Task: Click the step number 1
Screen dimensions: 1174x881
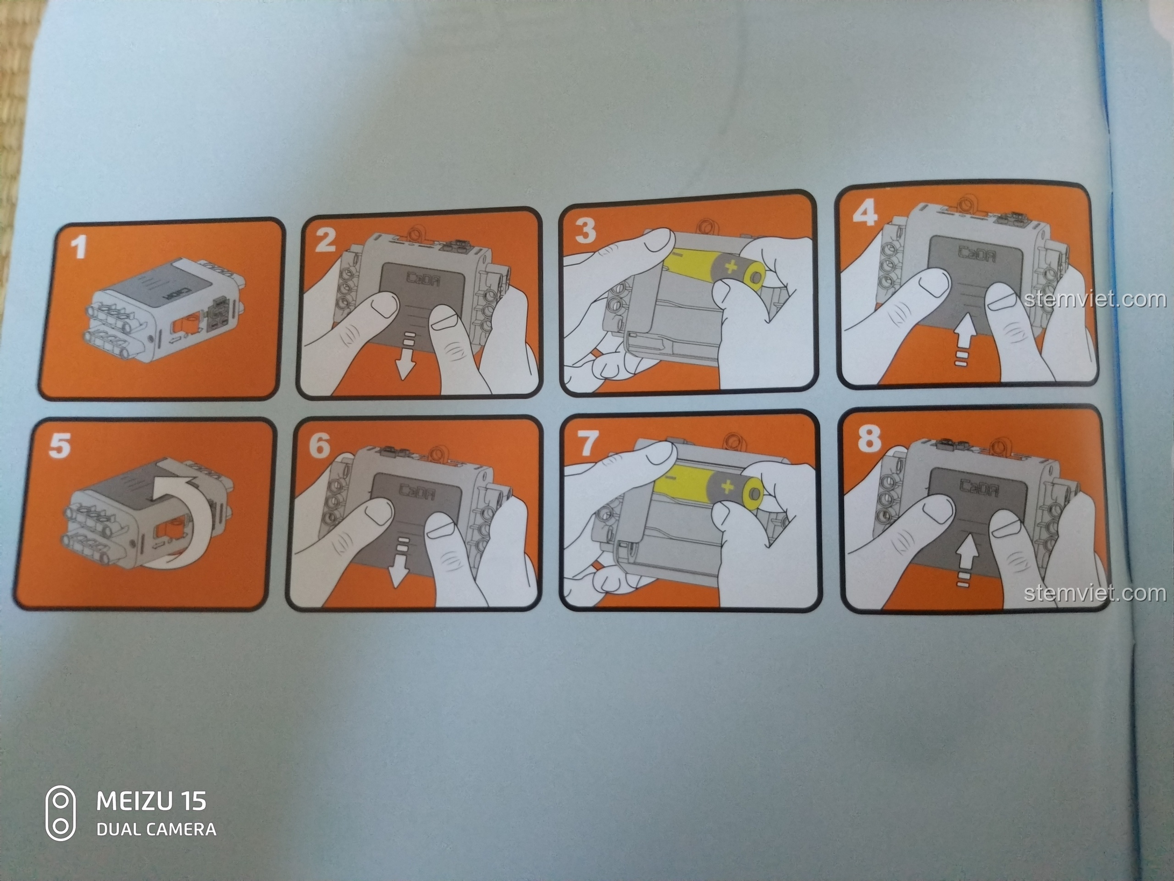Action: click(x=79, y=247)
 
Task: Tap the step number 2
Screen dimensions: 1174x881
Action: click(x=325, y=240)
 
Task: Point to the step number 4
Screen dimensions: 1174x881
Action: click(x=865, y=213)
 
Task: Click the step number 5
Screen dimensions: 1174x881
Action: click(x=60, y=445)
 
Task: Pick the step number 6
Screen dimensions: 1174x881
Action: click(x=320, y=446)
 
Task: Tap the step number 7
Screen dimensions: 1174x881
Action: click(x=587, y=443)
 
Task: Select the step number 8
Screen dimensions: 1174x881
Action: click(x=869, y=439)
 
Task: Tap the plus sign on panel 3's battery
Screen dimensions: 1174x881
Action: click(x=732, y=266)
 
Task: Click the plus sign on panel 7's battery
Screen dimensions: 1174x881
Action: click(x=727, y=486)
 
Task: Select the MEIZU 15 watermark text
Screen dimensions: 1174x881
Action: click(x=151, y=801)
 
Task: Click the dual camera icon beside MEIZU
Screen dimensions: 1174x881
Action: click(x=61, y=813)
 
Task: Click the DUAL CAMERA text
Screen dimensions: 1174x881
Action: click(x=156, y=830)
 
